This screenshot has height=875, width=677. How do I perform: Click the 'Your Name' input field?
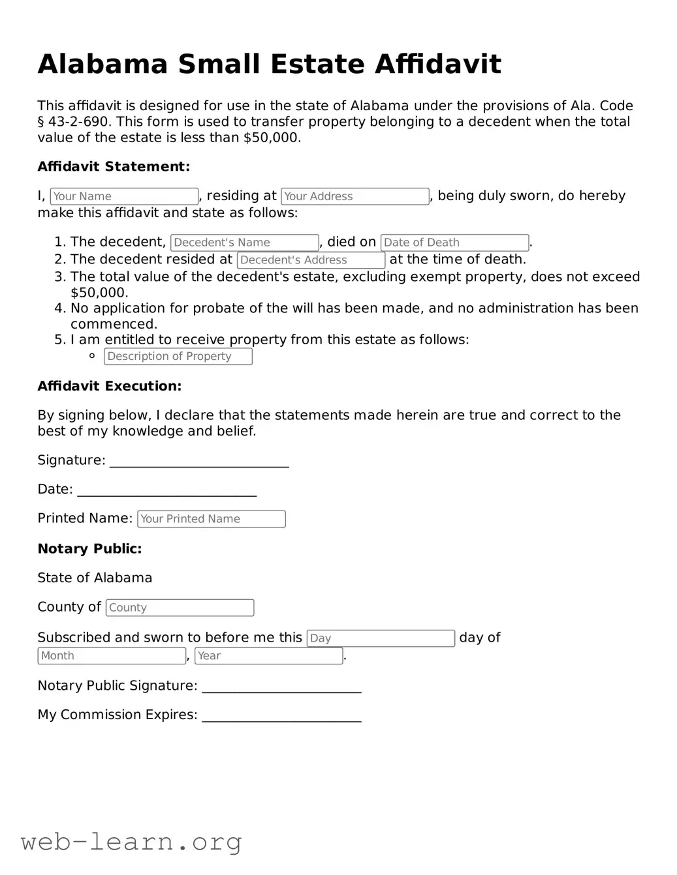coord(124,196)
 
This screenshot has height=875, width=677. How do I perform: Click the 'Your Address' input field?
coord(354,196)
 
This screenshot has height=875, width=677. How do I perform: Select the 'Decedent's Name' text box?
coord(244,243)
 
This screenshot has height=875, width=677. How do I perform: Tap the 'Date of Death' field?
coord(454,243)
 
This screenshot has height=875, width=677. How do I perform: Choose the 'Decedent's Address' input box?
coord(311,260)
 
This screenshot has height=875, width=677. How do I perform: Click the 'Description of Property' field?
coord(178,357)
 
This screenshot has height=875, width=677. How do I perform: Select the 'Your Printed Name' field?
coord(211,519)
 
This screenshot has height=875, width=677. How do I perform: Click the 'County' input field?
coord(180,608)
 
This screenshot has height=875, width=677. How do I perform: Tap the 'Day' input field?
coord(381,638)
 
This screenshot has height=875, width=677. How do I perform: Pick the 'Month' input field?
coord(112,656)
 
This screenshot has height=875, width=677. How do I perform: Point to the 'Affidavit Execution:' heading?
coord(110,386)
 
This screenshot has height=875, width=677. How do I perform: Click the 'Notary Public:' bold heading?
coord(89,549)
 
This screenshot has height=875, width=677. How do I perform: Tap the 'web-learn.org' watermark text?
coord(131,842)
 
